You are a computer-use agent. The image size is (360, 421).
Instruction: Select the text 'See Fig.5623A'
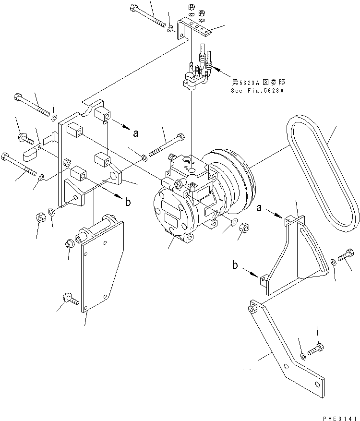coord(257,91)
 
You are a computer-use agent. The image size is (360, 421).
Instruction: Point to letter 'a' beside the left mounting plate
coord(136,134)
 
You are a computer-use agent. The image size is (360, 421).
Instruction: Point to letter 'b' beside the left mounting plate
coord(128,202)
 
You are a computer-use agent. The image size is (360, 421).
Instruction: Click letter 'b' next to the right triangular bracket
coord(235,265)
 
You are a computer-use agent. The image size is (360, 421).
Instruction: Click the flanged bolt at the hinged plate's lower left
coord(69,301)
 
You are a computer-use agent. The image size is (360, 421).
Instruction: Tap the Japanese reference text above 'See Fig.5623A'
coord(257,83)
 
